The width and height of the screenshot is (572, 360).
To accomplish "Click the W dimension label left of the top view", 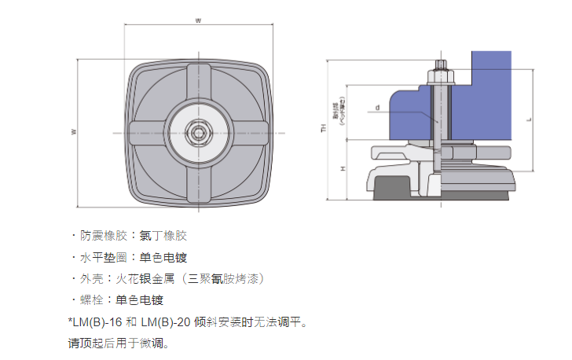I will (73, 132).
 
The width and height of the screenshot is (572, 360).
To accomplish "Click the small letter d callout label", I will (377, 107).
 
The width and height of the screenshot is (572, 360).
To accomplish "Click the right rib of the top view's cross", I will (247, 133).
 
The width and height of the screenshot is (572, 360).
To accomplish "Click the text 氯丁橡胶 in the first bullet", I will (163, 235).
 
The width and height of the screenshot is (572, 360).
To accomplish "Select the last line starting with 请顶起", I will (119, 343).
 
